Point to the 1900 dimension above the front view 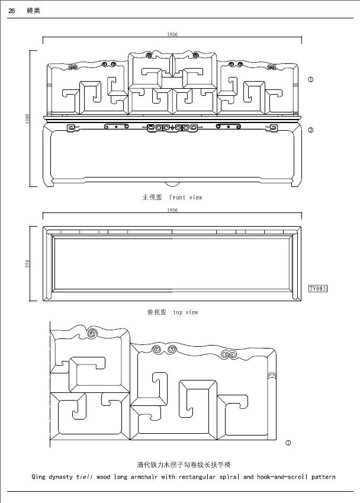[x=172, y=35]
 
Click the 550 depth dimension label [x=28, y=263]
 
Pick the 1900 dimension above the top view [x=172, y=210]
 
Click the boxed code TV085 [x=318, y=289]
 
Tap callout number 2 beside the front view [x=310, y=130]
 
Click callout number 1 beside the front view [x=310, y=79]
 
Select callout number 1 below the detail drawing [x=288, y=442]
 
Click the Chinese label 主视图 [x=152, y=197]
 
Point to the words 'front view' [x=185, y=197]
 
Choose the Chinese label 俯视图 [x=156, y=312]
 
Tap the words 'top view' [x=186, y=312]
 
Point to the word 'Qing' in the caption [x=39, y=476]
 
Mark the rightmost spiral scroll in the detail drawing [x=228, y=355]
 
